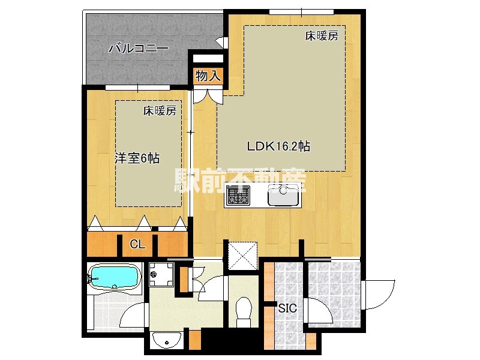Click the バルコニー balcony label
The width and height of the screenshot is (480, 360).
138,49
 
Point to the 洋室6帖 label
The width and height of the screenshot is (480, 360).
137,159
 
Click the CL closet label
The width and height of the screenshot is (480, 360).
137,244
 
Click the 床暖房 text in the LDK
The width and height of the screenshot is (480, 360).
322,36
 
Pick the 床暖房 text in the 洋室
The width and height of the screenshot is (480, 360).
160,110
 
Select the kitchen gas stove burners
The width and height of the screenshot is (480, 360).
238,195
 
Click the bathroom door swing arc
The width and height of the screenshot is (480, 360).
137,312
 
